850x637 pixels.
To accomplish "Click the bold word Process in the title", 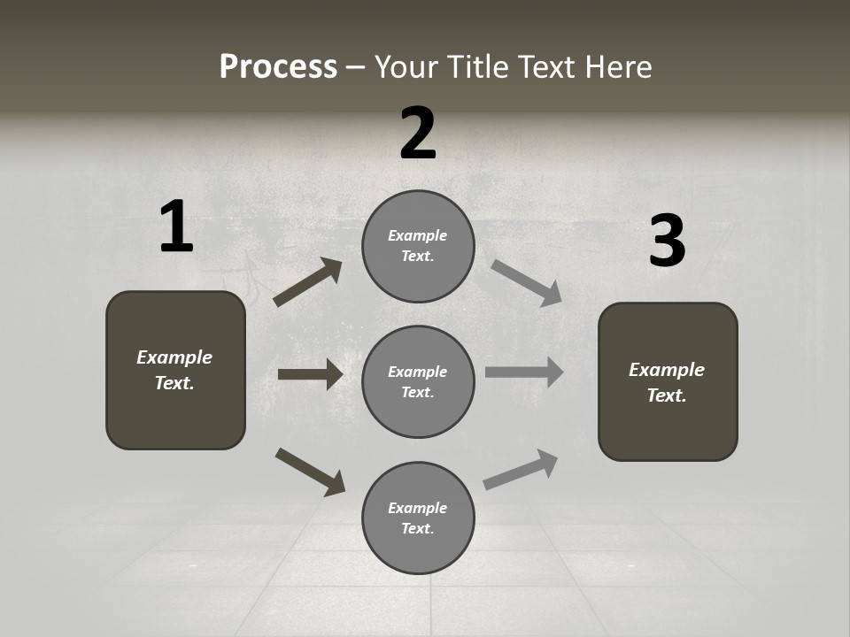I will [278, 67].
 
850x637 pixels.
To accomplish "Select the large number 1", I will [176, 227].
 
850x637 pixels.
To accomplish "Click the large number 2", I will [418, 134].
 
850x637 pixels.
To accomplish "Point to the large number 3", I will [667, 241].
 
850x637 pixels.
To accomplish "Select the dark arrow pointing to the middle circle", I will [310, 374].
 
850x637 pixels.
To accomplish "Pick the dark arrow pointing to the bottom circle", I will [310, 471].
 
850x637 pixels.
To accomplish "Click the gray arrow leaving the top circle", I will [526, 282].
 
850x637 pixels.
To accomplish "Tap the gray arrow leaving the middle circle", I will [523, 372].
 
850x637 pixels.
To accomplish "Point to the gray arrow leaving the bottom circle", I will [521, 469].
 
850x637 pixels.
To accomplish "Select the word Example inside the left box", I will [174, 357].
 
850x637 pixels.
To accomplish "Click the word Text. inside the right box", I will [667, 395].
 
